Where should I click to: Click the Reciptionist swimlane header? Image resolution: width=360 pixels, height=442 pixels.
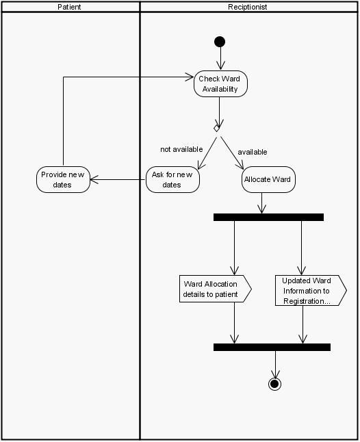248,7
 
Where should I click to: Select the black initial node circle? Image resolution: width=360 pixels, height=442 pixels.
220,42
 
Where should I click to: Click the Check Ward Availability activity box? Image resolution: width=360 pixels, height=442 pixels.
220,83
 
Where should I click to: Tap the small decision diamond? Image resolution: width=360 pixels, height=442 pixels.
217,128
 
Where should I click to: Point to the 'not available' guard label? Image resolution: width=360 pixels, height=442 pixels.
181,149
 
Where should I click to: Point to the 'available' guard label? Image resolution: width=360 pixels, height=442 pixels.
252,152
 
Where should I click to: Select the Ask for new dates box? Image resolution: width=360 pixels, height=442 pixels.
172,179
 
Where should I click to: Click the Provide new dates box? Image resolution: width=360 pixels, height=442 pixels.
63,179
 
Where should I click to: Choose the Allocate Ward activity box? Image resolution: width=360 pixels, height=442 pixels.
267,179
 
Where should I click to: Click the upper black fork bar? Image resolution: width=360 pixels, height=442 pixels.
268,217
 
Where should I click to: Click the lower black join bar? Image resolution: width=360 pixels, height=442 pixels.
272,347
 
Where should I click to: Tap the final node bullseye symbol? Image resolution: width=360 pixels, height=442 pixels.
275,383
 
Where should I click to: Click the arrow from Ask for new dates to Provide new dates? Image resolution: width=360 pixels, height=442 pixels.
118,180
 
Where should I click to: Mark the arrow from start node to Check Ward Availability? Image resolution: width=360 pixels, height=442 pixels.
220,59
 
